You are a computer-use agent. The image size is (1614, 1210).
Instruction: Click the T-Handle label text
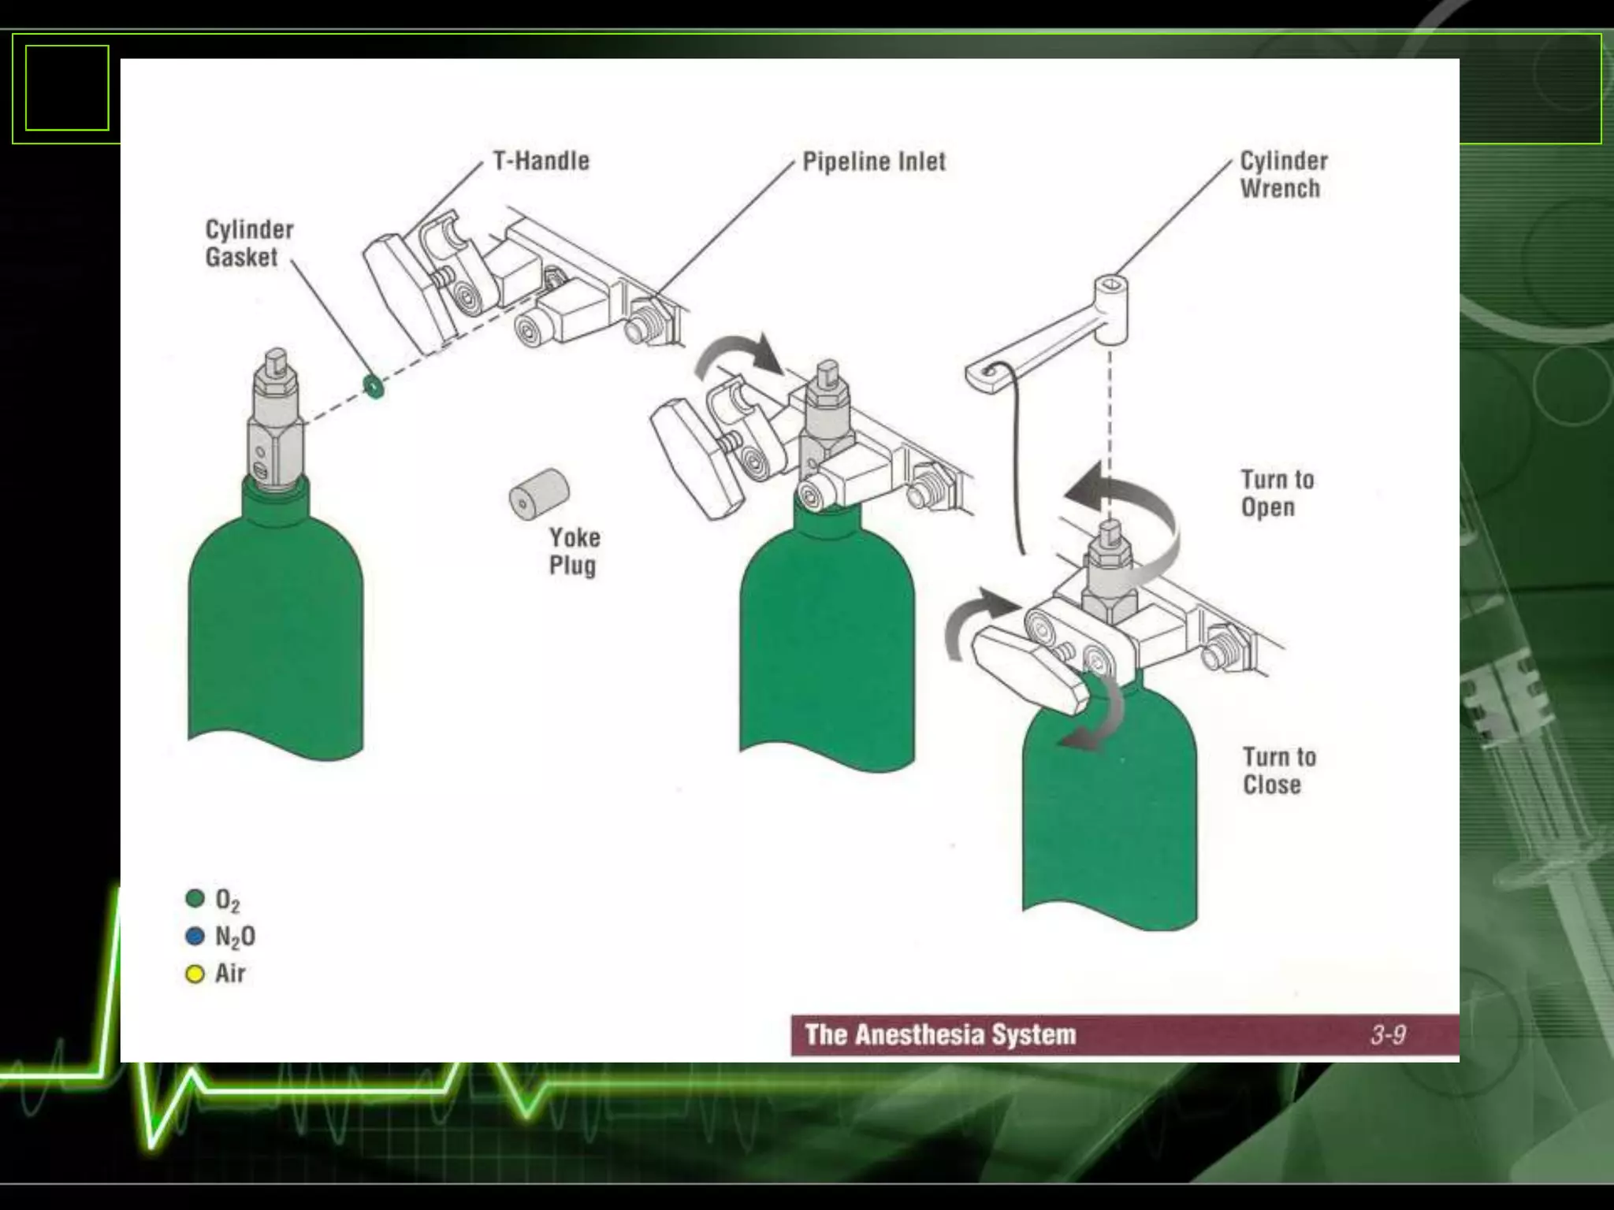pos(541,161)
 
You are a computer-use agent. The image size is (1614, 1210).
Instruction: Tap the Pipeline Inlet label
pos(873,161)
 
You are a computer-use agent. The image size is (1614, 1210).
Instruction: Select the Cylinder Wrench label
pos(1283,175)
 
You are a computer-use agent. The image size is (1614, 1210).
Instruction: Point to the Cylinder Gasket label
pos(249,243)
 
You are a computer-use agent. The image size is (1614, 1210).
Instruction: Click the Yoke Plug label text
pos(574,551)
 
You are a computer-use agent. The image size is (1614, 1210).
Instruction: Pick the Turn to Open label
pos(1277,493)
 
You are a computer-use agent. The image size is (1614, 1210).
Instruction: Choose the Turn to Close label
pos(1278,770)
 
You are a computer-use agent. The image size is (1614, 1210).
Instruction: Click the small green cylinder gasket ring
pos(373,386)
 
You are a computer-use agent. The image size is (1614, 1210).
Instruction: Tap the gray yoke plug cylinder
pos(539,493)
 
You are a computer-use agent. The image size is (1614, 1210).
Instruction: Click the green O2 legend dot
pos(195,899)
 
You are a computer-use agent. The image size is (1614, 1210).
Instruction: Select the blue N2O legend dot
pos(195,936)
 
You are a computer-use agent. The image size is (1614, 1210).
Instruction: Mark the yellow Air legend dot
pos(195,974)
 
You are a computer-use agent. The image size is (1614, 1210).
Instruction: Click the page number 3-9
pos(1388,1034)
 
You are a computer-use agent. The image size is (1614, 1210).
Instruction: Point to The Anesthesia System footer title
pos(940,1034)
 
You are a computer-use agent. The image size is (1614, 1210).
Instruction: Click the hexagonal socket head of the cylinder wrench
pos(1111,284)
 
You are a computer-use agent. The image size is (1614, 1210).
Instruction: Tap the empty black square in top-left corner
pos(67,87)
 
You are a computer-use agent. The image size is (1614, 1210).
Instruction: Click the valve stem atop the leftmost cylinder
pos(275,362)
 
